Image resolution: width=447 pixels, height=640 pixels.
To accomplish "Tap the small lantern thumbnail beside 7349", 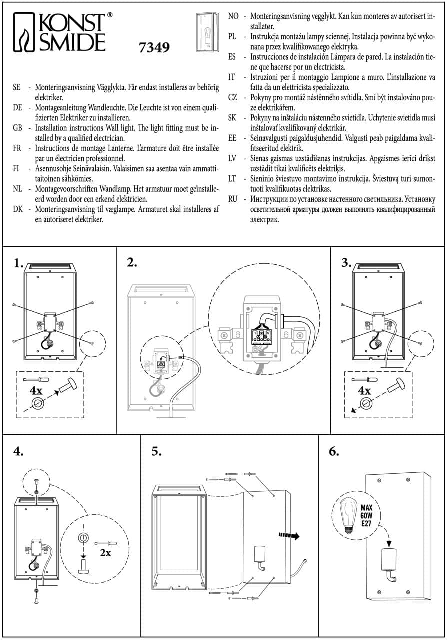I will pyautogui.click(x=206, y=32).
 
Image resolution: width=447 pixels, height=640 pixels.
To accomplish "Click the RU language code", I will pyautogui.click(x=232, y=198).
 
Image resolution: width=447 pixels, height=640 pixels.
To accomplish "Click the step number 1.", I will pyautogui.click(x=19, y=263).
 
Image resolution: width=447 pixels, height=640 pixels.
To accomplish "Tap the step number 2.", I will pyautogui.click(x=132, y=263).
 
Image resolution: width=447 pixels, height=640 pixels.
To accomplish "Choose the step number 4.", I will pyautogui.click(x=19, y=451).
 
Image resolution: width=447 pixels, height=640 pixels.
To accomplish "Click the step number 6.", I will pyautogui.click(x=334, y=451).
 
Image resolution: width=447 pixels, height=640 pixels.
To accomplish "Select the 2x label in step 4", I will pyautogui.click(x=106, y=553).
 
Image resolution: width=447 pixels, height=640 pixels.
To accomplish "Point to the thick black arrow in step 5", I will pyautogui.click(x=289, y=536).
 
